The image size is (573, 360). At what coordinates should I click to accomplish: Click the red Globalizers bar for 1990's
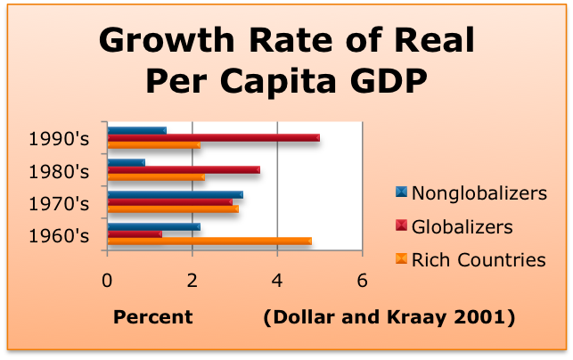pyautogui.click(x=213, y=137)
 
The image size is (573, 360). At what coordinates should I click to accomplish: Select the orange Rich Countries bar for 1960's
pyautogui.click(x=209, y=241)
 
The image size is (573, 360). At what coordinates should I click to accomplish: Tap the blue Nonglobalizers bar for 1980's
pyautogui.click(x=126, y=163)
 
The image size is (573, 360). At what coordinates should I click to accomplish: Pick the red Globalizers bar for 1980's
pyautogui.click(x=183, y=169)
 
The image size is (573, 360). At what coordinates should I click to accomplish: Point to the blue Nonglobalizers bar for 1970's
pyautogui.click(x=175, y=194)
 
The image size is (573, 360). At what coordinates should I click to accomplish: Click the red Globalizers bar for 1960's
pyautogui.click(x=134, y=234)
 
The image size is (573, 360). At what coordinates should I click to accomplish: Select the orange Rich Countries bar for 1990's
pyautogui.click(x=153, y=144)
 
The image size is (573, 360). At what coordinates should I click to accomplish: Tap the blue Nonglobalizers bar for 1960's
pyautogui.click(x=153, y=227)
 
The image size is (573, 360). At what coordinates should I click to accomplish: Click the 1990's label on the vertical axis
pyautogui.click(x=59, y=138)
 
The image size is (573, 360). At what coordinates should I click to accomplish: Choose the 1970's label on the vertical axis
pyautogui.click(x=59, y=203)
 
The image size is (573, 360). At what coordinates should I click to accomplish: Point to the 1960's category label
pyautogui.click(x=59, y=236)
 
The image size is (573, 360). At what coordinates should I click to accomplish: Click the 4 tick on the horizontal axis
pyautogui.click(x=277, y=279)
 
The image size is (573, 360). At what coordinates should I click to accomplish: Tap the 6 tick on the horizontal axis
pyautogui.click(x=362, y=279)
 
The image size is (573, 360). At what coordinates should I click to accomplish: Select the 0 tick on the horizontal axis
pyautogui.click(x=108, y=279)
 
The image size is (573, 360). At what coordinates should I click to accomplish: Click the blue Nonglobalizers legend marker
pyautogui.click(x=400, y=192)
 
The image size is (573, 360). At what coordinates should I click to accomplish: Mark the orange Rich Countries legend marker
pyautogui.click(x=400, y=259)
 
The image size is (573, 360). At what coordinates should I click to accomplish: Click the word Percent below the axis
pyautogui.click(x=152, y=316)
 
